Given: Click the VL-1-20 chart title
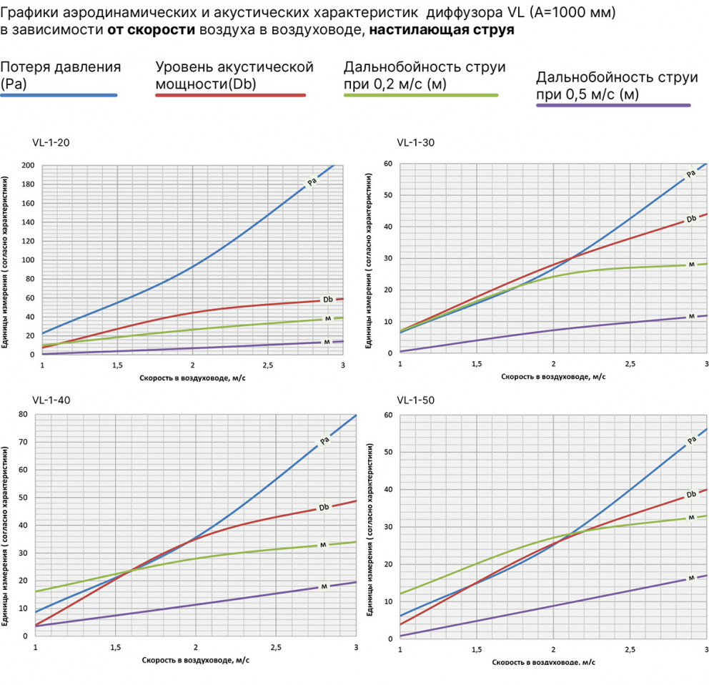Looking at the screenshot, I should pos(50,142).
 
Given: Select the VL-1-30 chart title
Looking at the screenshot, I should pos(415,142).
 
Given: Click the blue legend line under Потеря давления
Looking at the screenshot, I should pos(59,95).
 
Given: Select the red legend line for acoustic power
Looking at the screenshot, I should pos(231,95).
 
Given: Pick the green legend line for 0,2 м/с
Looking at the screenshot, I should pos(421,95).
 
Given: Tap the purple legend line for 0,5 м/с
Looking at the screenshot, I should pos(613,105).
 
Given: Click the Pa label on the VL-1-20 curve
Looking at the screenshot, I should pos(312,182).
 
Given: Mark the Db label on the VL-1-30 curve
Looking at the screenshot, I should pos(691,219).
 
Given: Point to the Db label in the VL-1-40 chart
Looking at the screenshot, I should pos(324,507).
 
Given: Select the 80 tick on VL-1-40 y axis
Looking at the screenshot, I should pos(24,415).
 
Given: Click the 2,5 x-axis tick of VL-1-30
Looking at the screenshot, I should pos(629,365).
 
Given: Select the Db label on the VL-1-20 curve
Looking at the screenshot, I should pos(327,299).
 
